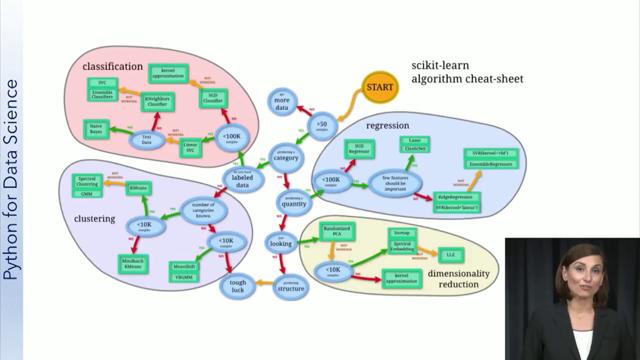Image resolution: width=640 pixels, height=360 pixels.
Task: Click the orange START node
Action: (380, 87)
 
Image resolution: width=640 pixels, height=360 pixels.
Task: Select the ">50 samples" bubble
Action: (322, 125)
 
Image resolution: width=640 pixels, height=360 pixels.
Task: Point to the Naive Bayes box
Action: (96, 129)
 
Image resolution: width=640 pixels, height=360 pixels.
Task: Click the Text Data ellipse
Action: (146, 139)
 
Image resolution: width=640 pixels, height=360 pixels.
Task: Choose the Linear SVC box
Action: (190, 147)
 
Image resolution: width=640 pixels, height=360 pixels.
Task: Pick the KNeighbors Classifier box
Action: (157, 101)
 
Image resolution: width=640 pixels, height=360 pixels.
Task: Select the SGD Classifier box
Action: (212, 98)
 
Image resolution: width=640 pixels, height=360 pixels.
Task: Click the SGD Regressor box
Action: (359, 148)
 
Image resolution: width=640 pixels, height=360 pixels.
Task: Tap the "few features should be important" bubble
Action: (395, 183)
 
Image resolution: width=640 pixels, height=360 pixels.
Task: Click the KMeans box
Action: (137, 188)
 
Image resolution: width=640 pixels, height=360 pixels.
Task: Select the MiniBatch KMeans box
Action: (133, 264)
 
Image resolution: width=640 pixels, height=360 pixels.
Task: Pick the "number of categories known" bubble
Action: (203, 210)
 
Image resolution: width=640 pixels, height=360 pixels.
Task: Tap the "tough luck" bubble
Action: (238, 286)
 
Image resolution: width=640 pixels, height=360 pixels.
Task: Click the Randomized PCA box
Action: (337, 231)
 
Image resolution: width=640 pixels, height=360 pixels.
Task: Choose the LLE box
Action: (451, 255)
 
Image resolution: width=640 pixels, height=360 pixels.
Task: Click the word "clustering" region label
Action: (94, 219)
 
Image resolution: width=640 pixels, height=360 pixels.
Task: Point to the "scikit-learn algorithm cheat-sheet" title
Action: (467, 72)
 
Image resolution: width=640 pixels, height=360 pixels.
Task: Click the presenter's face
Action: (582, 272)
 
